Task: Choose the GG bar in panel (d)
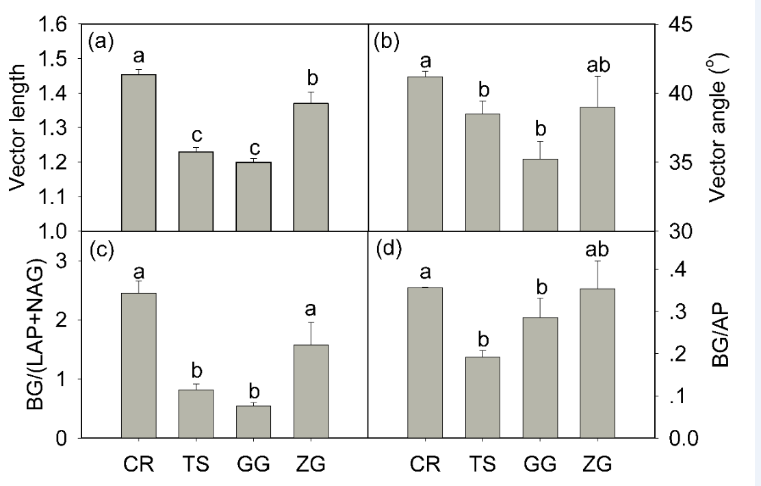[541, 377]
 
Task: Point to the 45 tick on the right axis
[676, 25]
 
